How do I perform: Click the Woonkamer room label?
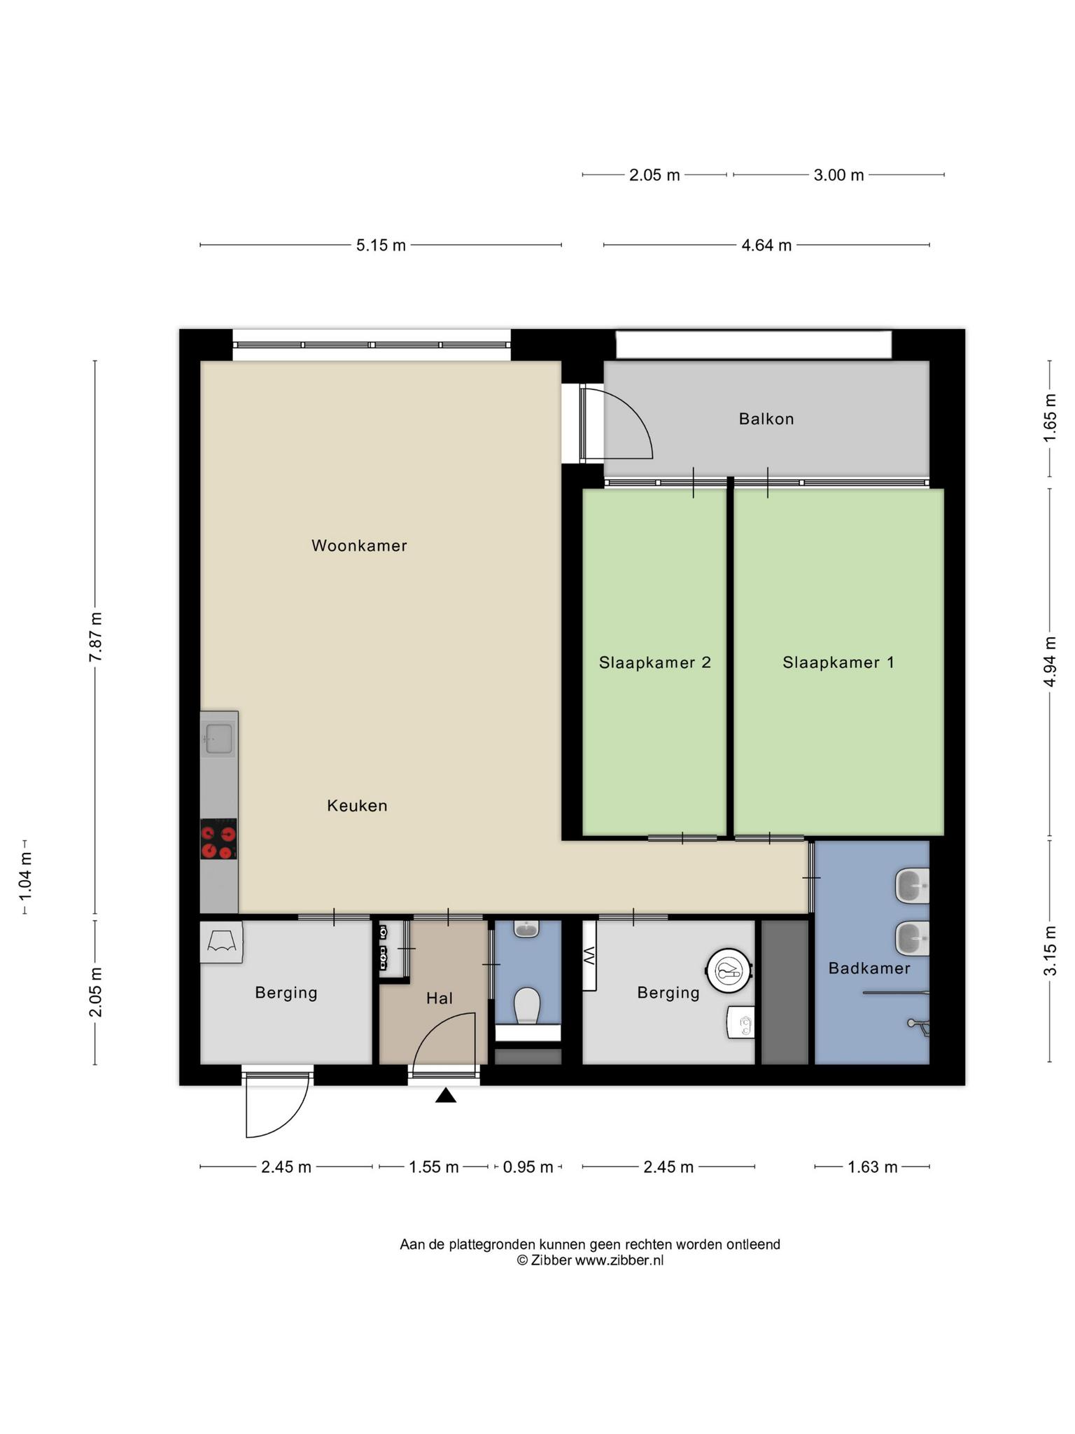point(359,545)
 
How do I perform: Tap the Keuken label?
point(357,806)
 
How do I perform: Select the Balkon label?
point(766,419)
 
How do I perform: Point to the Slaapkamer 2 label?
point(655,662)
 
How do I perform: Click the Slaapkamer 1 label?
point(838,662)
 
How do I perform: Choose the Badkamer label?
point(869,968)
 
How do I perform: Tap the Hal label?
point(440,998)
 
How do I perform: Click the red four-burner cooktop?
point(218,839)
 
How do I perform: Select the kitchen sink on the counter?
point(218,739)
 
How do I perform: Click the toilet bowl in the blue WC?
point(527,1005)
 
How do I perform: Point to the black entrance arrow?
point(446,1095)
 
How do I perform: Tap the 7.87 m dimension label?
point(95,636)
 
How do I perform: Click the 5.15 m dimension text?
point(381,246)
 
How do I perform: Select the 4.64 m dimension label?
point(766,246)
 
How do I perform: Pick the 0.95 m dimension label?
point(528,1167)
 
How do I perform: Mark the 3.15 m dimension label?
point(1050,950)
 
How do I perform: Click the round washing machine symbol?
point(729,970)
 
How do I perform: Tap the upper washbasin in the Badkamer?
point(913,886)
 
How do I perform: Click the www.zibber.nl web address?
point(619,1261)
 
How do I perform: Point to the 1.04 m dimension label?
point(25,877)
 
